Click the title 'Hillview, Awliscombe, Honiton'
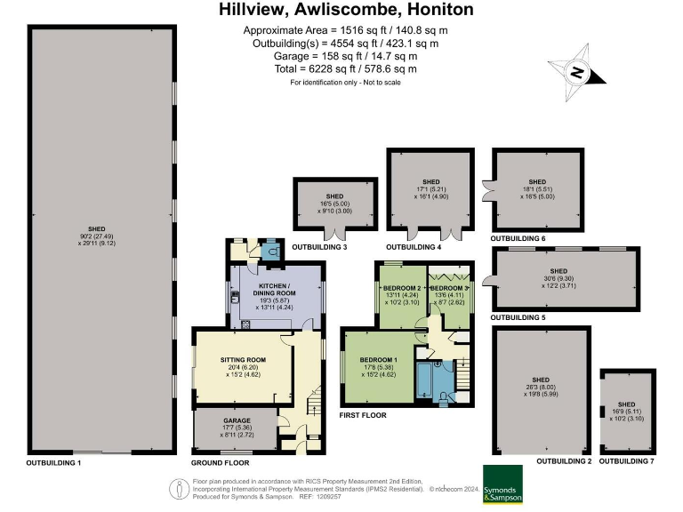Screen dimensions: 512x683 coord(347,11)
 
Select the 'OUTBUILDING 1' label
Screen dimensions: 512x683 coord(53,463)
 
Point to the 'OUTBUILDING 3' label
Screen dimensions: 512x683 coord(322,246)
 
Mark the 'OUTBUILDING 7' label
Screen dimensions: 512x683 coord(626,462)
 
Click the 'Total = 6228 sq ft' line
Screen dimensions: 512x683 coord(347,68)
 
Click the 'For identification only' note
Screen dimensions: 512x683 coord(347,82)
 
